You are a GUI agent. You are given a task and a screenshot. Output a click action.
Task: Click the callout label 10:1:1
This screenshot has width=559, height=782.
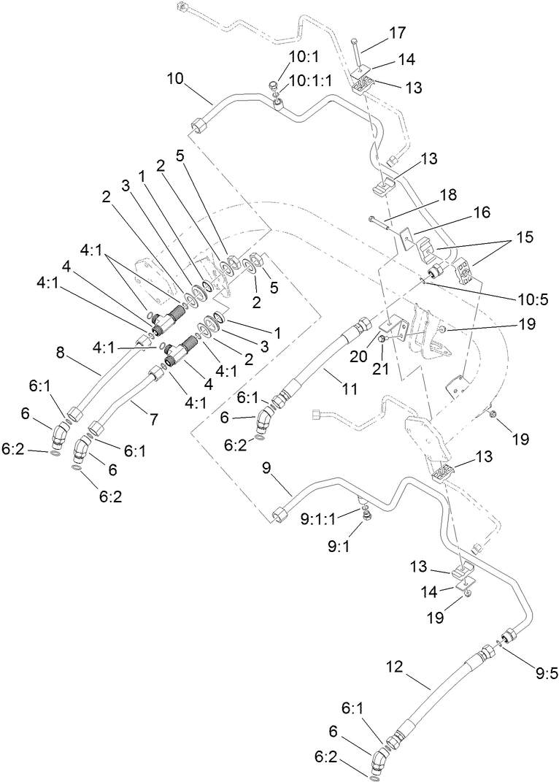tap(310, 81)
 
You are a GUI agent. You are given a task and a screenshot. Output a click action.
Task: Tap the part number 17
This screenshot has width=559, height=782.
tap(398, 33)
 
